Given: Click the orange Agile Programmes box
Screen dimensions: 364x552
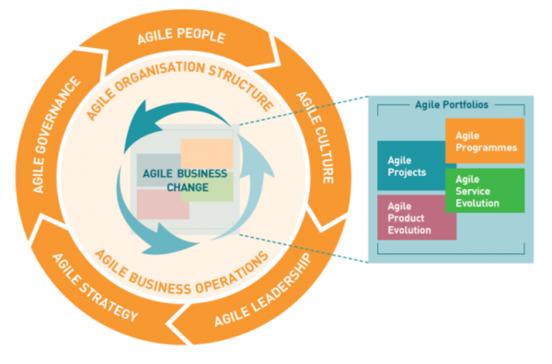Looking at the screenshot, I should (484, 141).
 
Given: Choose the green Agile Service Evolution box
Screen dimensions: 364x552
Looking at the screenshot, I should (483, 190).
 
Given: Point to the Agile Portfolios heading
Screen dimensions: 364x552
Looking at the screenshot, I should (452, 105).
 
